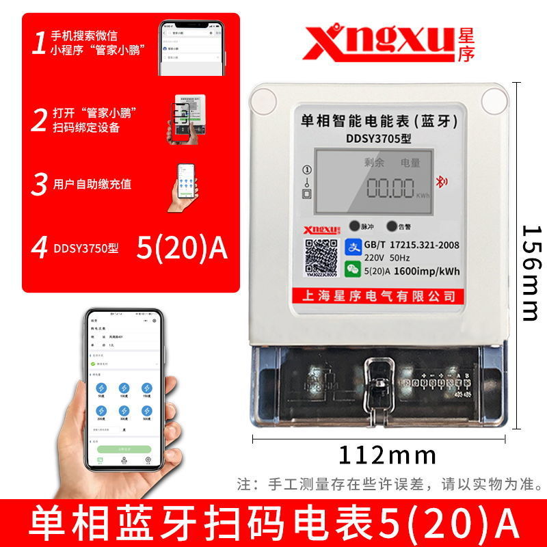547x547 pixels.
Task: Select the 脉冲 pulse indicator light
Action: pyautogui.click(x=354, y=226)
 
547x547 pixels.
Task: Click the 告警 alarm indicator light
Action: pyautogui.click(x=392, y=226)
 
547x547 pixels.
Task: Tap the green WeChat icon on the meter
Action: pyautogui.click(x=353, y=270)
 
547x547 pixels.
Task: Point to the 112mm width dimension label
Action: pyautogui.click(x=387, y=453)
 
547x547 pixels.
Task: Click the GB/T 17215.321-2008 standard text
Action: pyautogui.click(x=412, y=245)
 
